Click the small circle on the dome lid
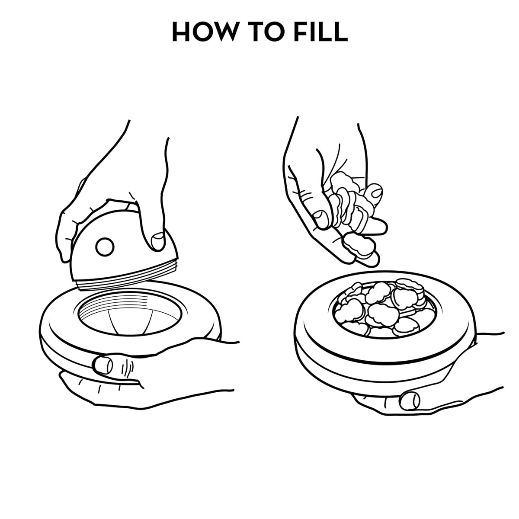(105, 247)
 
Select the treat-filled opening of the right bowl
(384, 310)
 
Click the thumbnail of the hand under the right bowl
(410, 401)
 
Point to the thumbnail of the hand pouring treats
(320, 219)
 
